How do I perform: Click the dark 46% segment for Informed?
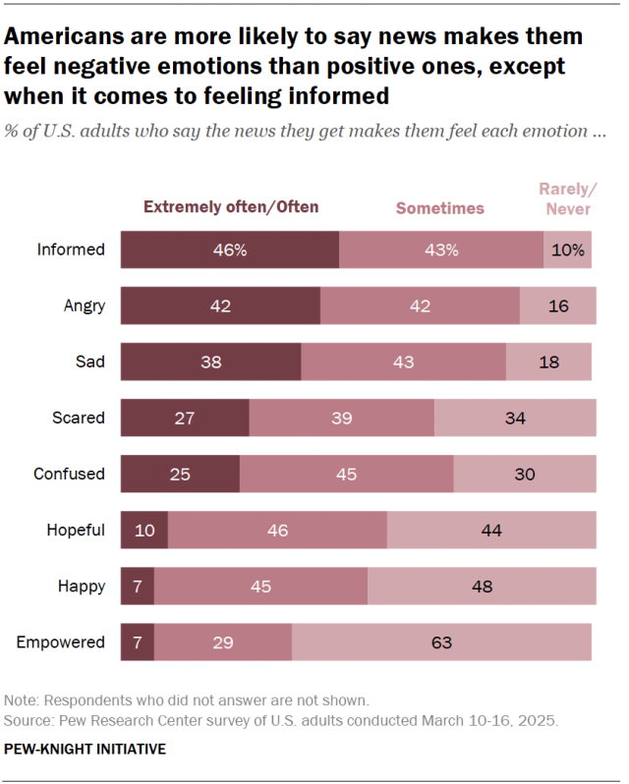[230, 250]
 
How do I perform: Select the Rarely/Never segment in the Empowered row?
[441, 643]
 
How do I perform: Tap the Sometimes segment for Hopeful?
[277, 531]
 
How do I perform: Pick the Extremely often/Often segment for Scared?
[185, 418]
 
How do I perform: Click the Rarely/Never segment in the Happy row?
[482, 587]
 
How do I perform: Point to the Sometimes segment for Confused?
[346, 474]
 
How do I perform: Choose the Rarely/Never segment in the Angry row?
[557, 306]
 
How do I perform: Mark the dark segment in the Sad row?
[210, 362]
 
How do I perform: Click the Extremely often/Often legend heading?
[232, 207]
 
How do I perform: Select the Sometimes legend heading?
[439, 208]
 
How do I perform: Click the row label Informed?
[71, 250]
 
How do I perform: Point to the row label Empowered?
[61, 643]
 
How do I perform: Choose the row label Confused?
[69, 474]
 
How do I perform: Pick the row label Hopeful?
[76, 531]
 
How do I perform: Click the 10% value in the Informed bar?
[567, 250]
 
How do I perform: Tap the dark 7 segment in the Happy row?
[137, 587]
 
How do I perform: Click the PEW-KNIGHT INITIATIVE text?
[86, 749]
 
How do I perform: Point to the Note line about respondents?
[187, 700]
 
